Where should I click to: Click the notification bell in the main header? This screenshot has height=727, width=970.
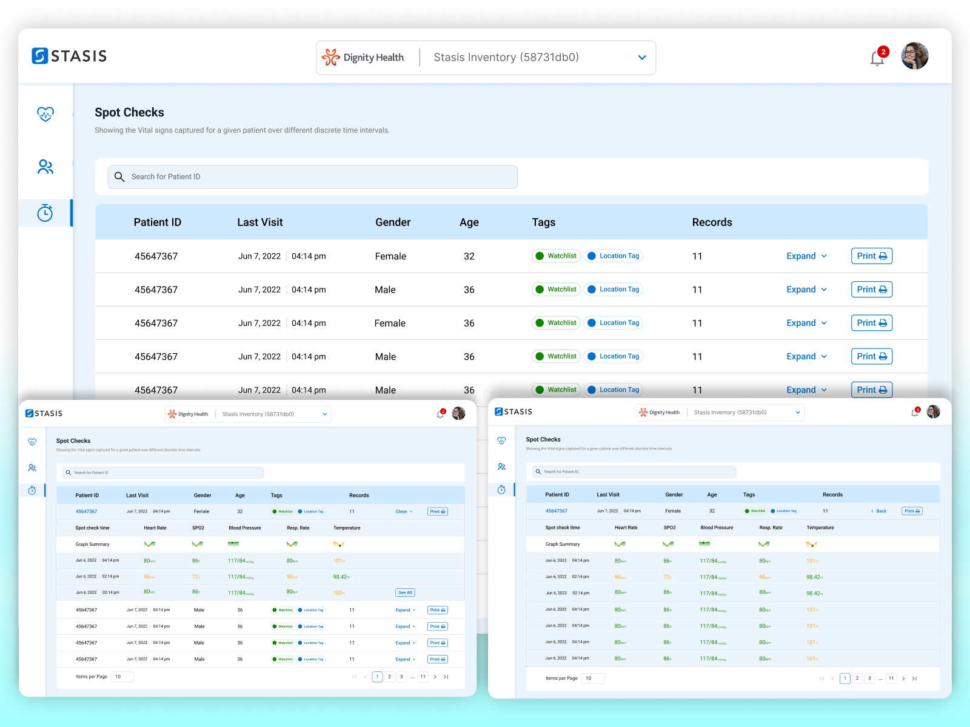pyautogui.click(x=877, y=58)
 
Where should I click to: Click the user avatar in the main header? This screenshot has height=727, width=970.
pyautogui.click(x=914, y=56)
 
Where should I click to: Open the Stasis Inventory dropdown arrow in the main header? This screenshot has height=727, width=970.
pyautogui.click(x=642, y=58)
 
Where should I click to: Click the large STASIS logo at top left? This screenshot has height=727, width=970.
pyautogui.click(x=69, y=56)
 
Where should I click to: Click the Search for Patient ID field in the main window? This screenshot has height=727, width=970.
pyautogui.click(x=312, y=177)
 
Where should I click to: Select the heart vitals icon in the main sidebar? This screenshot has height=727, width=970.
pyautogui.click(x=45, y=114)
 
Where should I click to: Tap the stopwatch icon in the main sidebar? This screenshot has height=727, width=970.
pyautogui.click(x=45, y=213)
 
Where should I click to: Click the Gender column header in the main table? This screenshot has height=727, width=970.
pyautogui.click(x=393, y=222)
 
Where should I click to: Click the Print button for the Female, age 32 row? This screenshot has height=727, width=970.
pyautogui.click(x=871, y=256)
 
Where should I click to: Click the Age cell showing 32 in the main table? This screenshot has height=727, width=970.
pyautogui.click(x=469, y=256)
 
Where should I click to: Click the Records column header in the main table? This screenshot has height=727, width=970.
pyautogui.click(x=712, y=222)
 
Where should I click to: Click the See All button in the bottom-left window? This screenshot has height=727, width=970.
pyautogui.click(x=405, y=593)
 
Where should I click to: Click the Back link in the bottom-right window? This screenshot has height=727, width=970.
pyautogui.click(x=879, y=511)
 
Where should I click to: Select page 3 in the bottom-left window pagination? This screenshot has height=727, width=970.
pyautogui.click(x=401, y=677)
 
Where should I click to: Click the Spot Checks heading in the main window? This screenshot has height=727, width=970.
pyautogui.click(x=129, y=113)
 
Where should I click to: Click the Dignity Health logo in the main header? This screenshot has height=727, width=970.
pyautogui.click(x=364, y=58)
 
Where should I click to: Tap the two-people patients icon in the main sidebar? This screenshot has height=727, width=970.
pyautogui.click(x=45, y=167)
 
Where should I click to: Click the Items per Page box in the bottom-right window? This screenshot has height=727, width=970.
pyautogui.click(x=592, y=678)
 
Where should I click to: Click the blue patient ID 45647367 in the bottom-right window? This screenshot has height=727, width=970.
pyautogui.click(x=556, y=511)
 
